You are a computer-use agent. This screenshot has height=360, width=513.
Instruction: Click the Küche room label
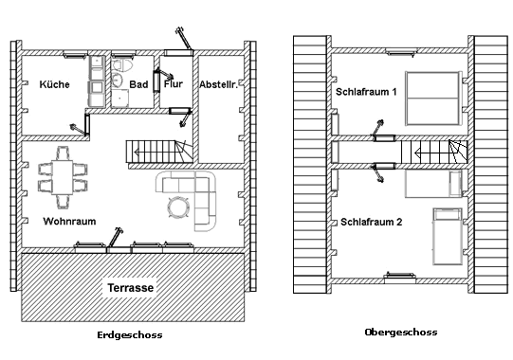(x=54, y=84)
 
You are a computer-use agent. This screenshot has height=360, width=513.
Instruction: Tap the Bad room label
(x=138, y=84)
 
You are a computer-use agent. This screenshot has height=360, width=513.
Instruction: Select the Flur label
(x=174, y=83)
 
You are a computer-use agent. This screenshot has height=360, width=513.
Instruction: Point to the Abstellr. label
(x=218, y=84)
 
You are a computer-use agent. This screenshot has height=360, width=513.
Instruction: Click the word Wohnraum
(x=69, y=222)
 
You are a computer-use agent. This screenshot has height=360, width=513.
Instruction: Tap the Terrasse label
(x=131, y=288)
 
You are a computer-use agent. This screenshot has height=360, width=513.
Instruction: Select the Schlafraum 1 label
(x=366, y=92)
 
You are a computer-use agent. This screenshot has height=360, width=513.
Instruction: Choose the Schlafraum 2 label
(x=372, y=222)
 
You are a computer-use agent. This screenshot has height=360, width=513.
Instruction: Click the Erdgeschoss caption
(x=130, y=335)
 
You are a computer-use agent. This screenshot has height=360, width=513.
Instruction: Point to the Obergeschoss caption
(x=401, y=333)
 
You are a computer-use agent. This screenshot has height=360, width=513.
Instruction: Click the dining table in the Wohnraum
(x=63, y=177)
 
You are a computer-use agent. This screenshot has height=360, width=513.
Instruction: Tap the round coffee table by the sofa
(x=178, y=207)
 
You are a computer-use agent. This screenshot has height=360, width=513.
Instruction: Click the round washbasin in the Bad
(x=117, y=80)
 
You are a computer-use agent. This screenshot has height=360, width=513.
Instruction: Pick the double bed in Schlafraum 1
(x=432, y=99)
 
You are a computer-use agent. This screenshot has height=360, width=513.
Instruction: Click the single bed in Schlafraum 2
(x=448, y=236)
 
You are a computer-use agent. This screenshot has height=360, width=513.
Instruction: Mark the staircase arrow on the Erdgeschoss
(x=157, y=152)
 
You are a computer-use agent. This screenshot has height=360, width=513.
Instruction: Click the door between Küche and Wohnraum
(x=87, y=124)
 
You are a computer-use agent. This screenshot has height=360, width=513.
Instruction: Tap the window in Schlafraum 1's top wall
(x=401, y=51)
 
